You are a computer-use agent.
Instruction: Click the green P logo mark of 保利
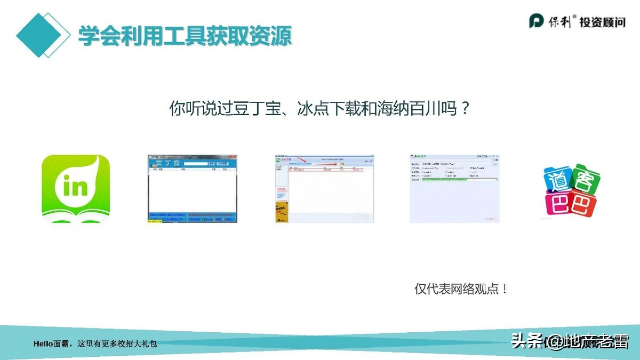(535, 21)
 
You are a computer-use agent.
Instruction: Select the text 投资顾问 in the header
(602, 22)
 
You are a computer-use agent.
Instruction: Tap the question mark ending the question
(465, 109)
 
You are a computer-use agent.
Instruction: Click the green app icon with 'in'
(76, 188)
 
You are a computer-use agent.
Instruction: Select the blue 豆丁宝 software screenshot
(192, 189)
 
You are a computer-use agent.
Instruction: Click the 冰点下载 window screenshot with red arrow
(324, 189)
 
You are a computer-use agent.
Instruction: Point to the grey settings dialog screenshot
(454, 189)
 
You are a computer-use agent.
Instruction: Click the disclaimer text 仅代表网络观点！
(461, 289)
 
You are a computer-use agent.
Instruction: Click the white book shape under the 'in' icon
(76, 217)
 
